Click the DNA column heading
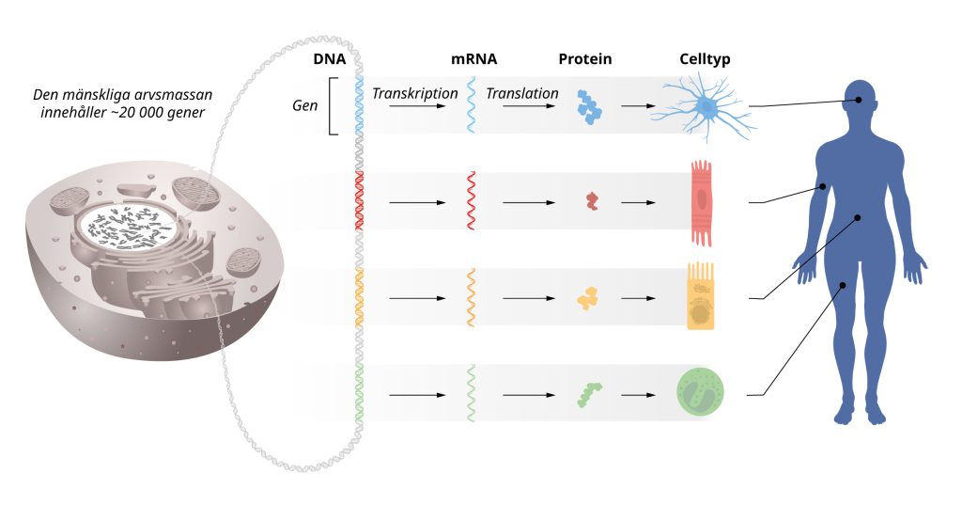pos(328,59)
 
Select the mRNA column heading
pos(473,59)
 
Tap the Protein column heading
pos(584,59)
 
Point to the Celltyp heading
pos(705,59)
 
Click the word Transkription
pos(414,94)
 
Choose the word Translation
pos(522,94)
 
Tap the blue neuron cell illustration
pos(704,109)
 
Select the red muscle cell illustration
pos(705,202)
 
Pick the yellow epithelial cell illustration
pos(704,296)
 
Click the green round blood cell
pos(701,393)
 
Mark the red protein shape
pos(591,200)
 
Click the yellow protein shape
pos(589,298)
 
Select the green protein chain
pos(589,393)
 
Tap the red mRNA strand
pos(472,200)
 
